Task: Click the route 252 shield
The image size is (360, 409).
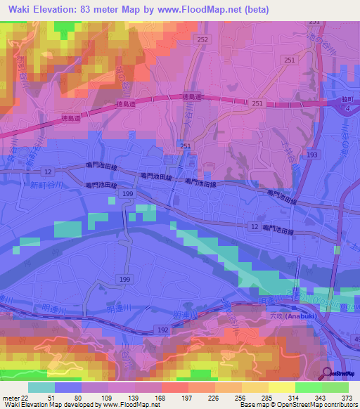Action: click(202, 41)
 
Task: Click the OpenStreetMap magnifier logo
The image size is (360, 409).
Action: click(327, 374)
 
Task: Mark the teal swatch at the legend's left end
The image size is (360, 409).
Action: click(41, 387)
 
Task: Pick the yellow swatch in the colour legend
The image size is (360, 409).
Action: click(281, 387)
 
